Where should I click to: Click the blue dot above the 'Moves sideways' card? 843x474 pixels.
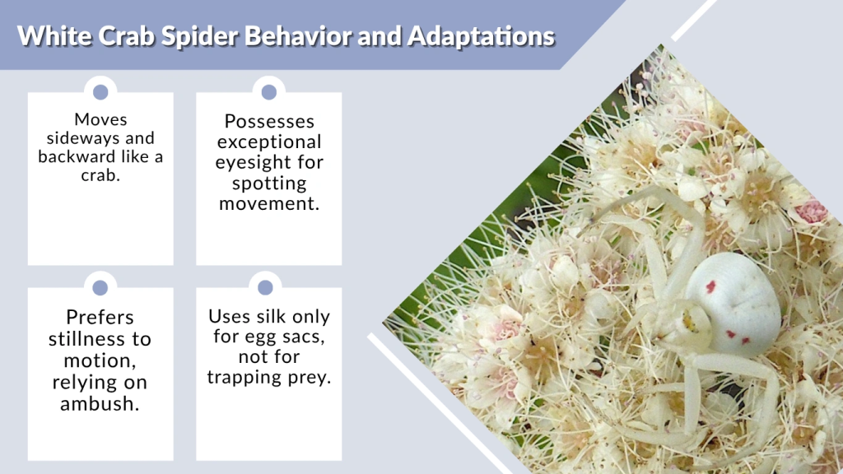point(100,92)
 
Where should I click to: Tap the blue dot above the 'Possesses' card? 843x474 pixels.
point(268,92)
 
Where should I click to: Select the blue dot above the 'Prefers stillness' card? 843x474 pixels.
point(100,287)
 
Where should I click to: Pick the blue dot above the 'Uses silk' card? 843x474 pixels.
point(265,287)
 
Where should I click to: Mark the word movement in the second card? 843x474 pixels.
point(268,202)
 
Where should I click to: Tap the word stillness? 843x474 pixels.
point(100,338)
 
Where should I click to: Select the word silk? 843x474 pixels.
point(285,317)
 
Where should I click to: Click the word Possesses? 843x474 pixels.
point(268,122)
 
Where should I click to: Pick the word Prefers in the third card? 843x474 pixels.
point(100,318)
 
